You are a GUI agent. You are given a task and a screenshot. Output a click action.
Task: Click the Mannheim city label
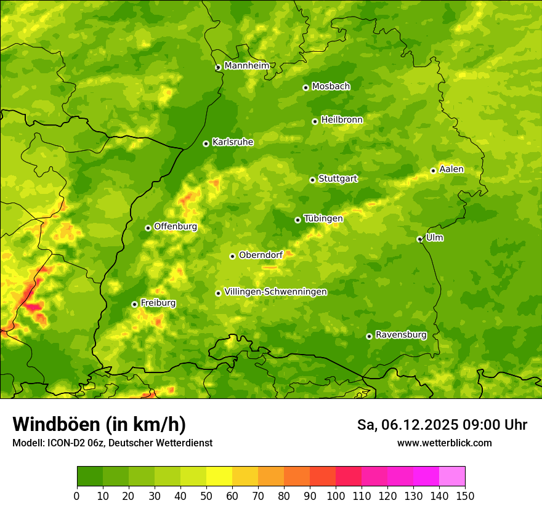click(246, 66)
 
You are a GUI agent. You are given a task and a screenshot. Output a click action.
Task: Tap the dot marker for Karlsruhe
click(206, 143)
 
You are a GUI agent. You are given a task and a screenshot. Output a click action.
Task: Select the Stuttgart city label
click(338, 179)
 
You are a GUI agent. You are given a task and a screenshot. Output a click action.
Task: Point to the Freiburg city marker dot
click(134, 304)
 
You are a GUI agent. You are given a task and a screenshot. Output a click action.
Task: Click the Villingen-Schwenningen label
click(275, 292)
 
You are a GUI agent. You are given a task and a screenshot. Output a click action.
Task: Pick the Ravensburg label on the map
click(400, 335)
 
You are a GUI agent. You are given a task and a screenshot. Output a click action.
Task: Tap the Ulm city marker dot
click(419, 239)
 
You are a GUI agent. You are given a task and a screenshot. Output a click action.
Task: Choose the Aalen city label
click(451, 169)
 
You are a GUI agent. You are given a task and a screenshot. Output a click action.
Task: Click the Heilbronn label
click(342, 120)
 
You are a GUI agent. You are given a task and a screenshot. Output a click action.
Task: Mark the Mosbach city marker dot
click(305, 87)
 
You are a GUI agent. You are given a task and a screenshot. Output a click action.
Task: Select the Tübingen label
click(323, 219)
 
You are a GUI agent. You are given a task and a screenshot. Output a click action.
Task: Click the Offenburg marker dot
click(148, 228)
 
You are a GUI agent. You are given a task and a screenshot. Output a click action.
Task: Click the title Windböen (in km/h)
click(99, 424)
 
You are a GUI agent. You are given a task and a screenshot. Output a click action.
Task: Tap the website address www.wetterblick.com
click(444, 443)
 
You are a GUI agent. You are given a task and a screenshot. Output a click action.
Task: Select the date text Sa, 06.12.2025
click(408, 425)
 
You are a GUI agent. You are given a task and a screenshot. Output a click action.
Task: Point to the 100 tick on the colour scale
click(336, 496)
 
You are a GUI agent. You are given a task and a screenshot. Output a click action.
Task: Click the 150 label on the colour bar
click(465, 496)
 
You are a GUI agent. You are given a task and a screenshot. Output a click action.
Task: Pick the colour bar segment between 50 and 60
click(219, 477)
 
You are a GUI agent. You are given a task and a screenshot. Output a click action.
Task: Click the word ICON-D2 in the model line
click(65, 443)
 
